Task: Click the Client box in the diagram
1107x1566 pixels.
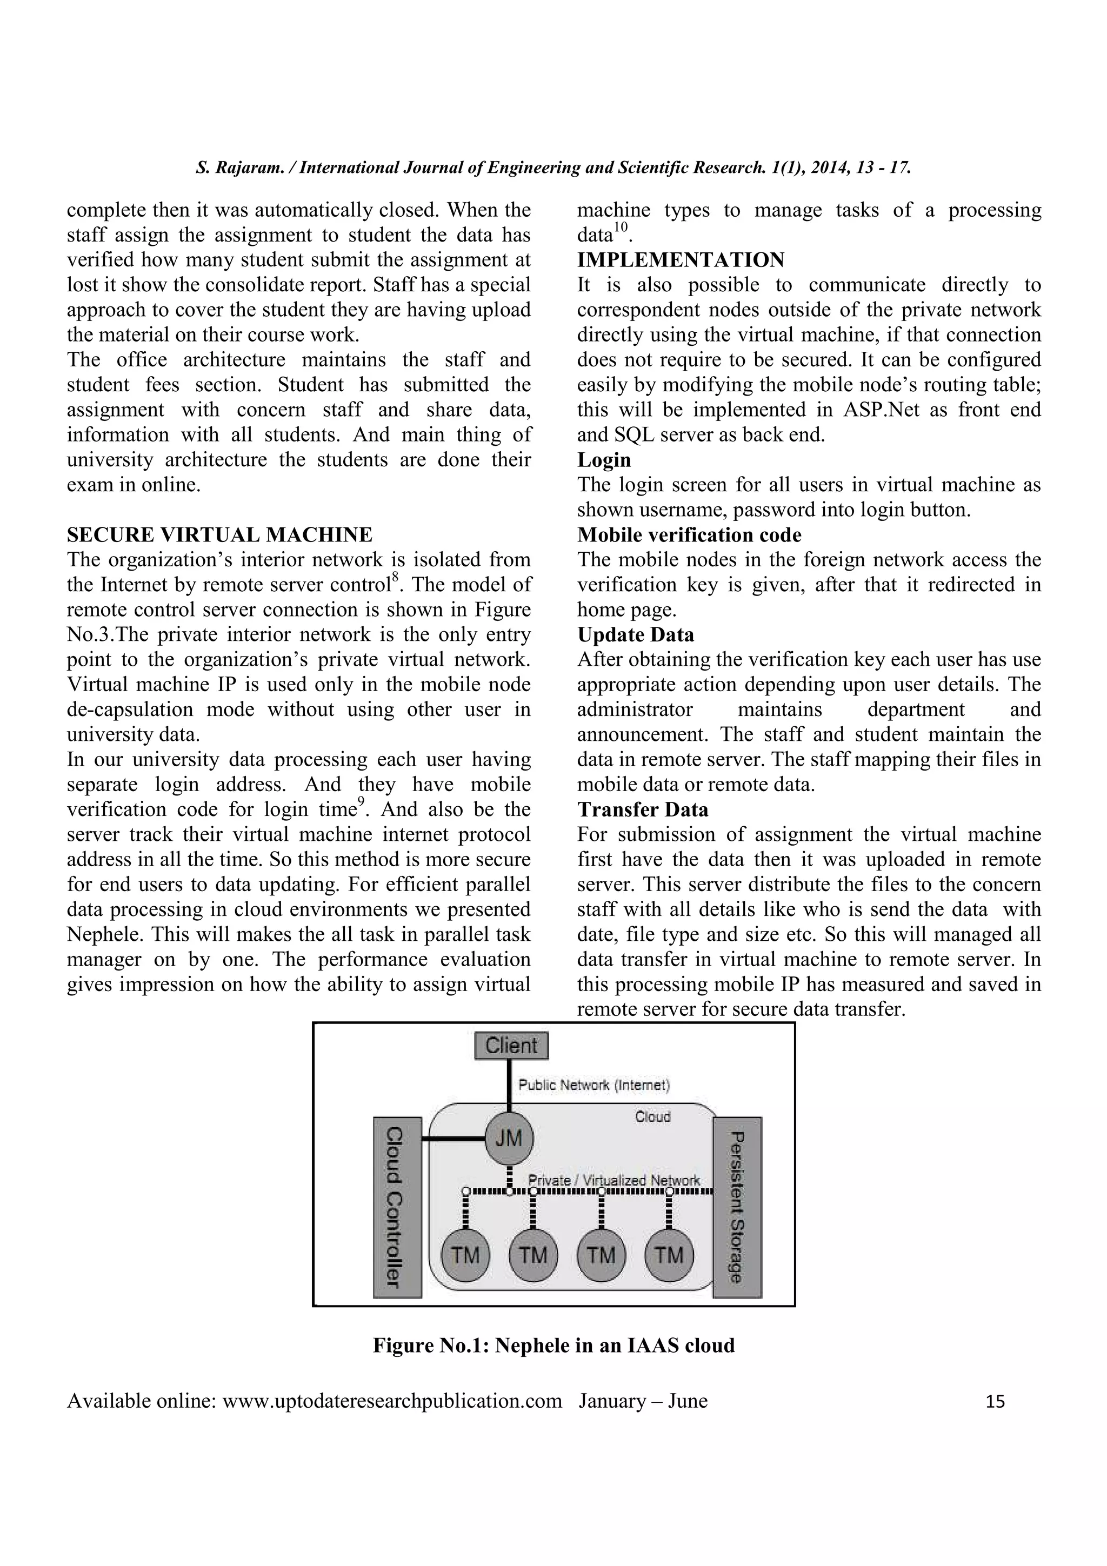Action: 511,1046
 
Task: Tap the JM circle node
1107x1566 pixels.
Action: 509,1139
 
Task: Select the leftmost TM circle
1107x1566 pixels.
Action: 465,1255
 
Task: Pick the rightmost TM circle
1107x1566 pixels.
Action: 669,1255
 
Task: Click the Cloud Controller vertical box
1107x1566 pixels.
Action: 397,1207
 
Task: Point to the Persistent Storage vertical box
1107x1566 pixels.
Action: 737,1207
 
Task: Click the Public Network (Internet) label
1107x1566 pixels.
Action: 594,1085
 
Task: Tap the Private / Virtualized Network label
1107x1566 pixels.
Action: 614,1179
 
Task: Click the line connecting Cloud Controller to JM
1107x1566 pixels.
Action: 453,1139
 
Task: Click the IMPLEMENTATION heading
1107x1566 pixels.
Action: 681,260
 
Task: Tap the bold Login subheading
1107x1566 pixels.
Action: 604,460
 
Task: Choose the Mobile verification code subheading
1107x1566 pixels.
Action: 689,535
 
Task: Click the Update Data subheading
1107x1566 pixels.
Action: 636,635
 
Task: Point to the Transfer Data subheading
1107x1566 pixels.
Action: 643,809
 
